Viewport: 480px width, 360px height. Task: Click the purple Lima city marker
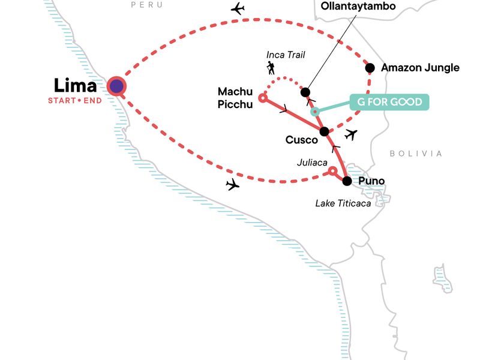[116, 86]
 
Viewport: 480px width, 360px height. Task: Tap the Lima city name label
[76, 85]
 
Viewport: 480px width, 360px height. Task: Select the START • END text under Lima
[75, 100]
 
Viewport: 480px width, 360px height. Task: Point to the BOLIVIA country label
[416, 154]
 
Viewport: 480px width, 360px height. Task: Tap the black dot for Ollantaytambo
[305, 92]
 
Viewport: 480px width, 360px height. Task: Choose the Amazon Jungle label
[420, 68]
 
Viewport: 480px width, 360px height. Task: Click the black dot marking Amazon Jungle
[370, 68]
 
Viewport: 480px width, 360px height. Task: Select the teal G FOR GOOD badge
[390, 101]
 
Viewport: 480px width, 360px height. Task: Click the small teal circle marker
[315, 112]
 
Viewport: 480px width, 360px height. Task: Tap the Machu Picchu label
[236, 97]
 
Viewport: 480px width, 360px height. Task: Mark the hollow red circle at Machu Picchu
[262, 97]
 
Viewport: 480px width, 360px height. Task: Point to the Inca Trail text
[286, 55]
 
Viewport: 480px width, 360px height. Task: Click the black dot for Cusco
[325, 131]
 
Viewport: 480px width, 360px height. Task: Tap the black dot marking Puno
[346, 181]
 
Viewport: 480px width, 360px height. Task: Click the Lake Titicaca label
[343, 203]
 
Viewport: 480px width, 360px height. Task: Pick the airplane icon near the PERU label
[238, 9]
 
